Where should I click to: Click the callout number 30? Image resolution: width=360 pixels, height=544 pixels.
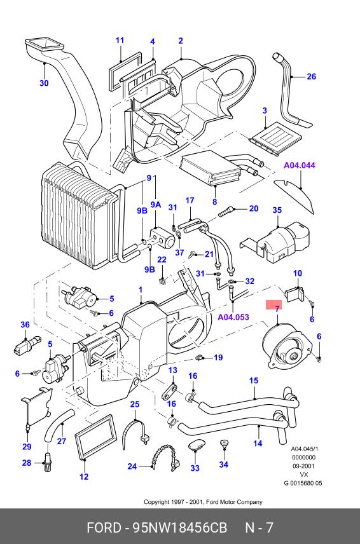(44, 83)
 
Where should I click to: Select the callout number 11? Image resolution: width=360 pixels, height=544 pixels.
(120, 40)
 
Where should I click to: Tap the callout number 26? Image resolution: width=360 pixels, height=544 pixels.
(312, 76)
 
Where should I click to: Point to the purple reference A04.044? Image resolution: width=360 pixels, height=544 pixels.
(300, 165)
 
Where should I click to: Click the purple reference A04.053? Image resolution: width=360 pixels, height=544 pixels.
(233, 316)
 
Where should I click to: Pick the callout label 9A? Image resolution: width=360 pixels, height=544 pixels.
(156, 205)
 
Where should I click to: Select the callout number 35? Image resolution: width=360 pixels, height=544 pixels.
(277, 210)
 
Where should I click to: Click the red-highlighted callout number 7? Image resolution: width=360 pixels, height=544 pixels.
(277, 309)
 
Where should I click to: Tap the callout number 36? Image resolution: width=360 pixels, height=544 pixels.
(25, 324)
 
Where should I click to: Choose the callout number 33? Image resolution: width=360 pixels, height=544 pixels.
(195, 468)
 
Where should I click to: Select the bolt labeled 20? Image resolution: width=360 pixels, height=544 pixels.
(226, 212)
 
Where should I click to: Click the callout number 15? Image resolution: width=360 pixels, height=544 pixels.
(254, 381)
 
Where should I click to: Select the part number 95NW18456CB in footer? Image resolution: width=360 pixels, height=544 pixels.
(180, 527)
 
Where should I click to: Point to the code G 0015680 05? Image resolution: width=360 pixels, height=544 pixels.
(303, 483)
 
